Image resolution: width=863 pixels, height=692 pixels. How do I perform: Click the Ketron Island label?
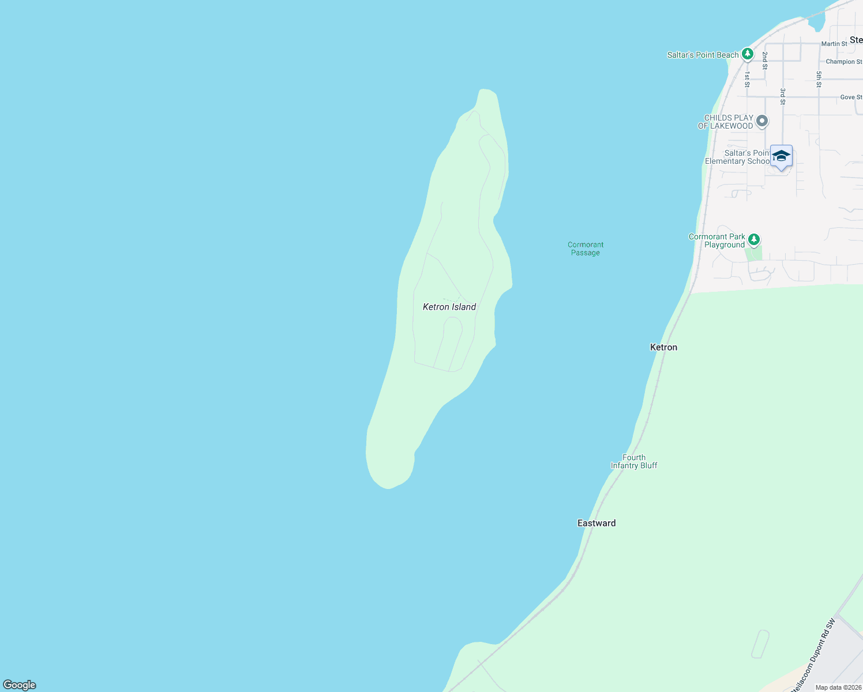coord(449,307)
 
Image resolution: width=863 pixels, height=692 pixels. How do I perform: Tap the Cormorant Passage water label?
coord(586,249)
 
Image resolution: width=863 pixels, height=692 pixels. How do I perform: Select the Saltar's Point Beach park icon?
coord(748,54)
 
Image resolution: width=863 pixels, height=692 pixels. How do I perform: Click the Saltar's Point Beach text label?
coord(703,55)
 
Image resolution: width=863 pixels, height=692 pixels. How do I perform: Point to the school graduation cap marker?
coord(781,156)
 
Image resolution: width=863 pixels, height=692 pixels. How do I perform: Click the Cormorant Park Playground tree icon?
coord(753,239)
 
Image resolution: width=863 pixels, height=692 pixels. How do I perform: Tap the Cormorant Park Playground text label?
coord(716,241)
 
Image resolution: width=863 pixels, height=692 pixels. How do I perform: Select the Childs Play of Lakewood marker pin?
coord(762,121)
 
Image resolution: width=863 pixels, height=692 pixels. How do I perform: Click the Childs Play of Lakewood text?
coord(726,122)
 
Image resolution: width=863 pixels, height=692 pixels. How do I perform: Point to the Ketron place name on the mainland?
coord(663,347)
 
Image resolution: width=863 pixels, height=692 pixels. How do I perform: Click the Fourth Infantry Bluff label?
coord(634,461)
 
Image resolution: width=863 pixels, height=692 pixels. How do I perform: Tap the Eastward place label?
coord(596,523)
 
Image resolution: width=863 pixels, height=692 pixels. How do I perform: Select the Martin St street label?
coord(834,44)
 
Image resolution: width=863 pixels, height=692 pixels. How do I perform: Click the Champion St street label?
coord(843,62)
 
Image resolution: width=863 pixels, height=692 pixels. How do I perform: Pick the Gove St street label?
coord(851,97)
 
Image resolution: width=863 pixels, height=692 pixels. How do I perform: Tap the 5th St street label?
coord(819,80)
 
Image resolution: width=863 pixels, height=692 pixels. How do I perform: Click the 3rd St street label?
coord(783,96)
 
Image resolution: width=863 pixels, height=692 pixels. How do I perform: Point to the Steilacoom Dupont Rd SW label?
coord(813,655)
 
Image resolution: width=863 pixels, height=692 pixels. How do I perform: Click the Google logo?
coord(20,685)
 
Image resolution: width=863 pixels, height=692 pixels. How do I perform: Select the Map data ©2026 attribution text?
coord(838,687)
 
